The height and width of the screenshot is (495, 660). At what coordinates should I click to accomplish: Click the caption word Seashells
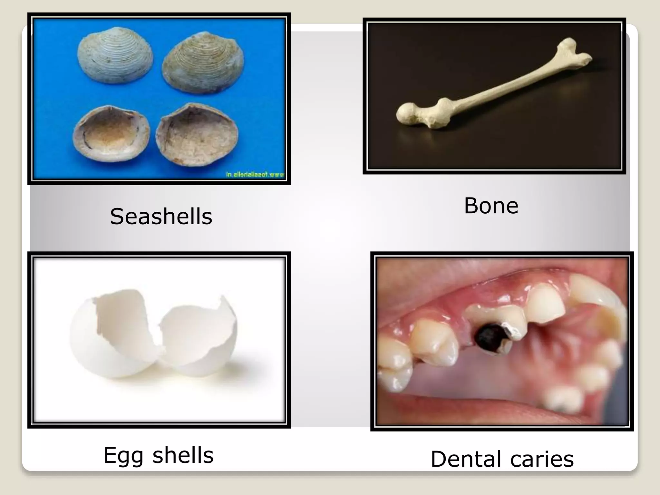click(x=161, y=216)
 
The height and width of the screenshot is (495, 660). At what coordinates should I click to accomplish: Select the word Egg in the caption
click(x=123, y=456)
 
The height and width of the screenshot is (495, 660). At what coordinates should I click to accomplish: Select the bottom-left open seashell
click(x=112, y=134)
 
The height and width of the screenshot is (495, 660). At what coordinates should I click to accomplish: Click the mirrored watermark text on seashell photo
click(x=255, y=175)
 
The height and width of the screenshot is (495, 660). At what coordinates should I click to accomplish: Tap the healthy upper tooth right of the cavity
click(x=546, y=303)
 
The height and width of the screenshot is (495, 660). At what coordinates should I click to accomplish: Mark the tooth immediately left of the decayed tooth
click(x=435, y=342)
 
